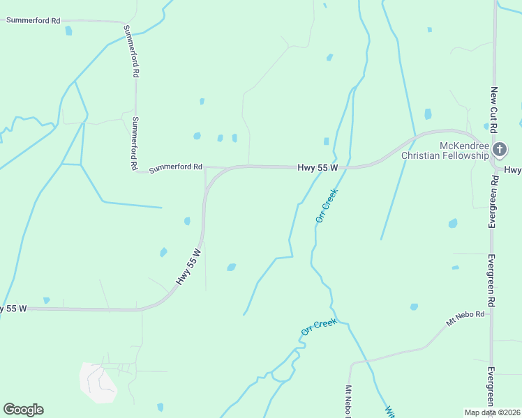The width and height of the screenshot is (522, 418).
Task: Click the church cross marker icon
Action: (x=500, y=149)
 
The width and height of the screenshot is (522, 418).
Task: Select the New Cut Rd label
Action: (x=493, y=110)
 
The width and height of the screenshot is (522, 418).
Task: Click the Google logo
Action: (x=23, y=410)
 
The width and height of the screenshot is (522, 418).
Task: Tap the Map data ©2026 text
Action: (x=493, y=412)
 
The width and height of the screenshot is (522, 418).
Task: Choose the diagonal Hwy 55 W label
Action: (x=188, y=266)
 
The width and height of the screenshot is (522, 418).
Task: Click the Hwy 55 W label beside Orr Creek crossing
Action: (x=318, y=168)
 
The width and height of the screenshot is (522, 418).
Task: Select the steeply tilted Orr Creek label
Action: (x=327, y=205)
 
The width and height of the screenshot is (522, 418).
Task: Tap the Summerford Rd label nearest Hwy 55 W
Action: (x=176, y=167)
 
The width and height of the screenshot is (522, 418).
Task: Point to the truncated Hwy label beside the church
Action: (x=513, y=170)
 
